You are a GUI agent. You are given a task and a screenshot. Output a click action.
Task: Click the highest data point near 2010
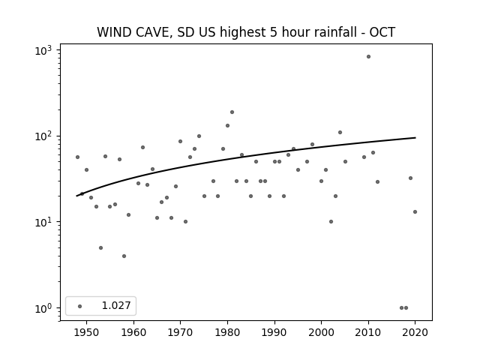368,57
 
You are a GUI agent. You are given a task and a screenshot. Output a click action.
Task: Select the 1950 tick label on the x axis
86,333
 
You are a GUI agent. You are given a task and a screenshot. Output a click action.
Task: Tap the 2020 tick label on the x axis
415,333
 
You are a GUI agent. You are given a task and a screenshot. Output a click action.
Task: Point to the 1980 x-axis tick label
227,333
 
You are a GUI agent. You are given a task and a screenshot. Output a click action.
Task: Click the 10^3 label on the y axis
43,50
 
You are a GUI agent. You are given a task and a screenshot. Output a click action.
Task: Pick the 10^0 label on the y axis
43,308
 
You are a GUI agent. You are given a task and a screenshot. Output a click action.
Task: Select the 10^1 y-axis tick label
43,222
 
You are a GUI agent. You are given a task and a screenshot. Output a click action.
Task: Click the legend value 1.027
116,305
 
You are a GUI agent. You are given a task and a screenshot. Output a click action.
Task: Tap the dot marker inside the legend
80,306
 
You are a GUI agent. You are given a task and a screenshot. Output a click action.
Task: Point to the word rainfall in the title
333,32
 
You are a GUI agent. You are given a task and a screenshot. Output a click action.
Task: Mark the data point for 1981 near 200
232,112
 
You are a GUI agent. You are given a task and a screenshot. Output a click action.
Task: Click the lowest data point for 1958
124,256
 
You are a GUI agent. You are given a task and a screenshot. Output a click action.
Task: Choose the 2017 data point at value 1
401,308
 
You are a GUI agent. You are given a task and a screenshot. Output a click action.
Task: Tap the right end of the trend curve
415,138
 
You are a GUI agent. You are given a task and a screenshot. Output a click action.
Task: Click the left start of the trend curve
76,196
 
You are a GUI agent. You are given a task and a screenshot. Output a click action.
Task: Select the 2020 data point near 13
415,211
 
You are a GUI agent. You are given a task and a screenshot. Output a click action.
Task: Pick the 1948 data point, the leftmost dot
77,157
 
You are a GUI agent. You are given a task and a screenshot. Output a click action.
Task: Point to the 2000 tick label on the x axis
322,333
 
